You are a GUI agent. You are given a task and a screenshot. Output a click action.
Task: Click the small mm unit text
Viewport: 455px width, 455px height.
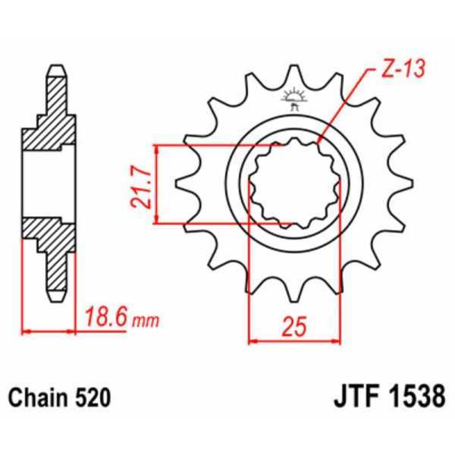pos(143,321)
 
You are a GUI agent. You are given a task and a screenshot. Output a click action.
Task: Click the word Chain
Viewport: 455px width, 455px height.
pos(34,397)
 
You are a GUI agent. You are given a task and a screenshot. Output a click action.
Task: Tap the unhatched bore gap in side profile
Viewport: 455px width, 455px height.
pos(50,184)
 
